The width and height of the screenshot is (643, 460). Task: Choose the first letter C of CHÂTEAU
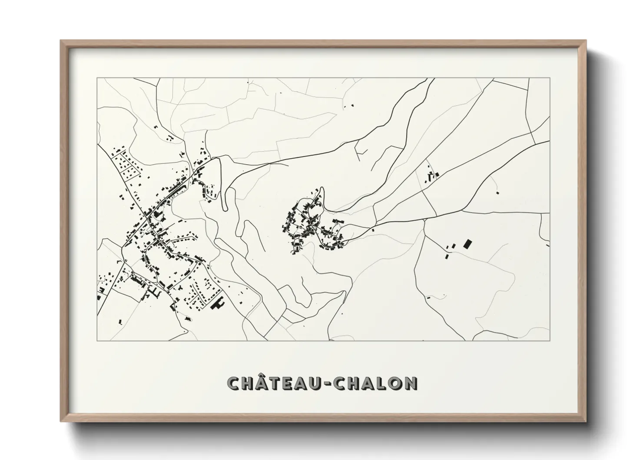pyautogui.click(x=234, y=383)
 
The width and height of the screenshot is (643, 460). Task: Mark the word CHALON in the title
pyautogui.click(x=376, y=383)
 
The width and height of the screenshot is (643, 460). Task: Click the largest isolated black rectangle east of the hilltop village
pyautogui.click(x=468, y=243)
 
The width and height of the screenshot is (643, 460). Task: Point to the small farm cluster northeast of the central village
pyautogui.click(x=432, y=176)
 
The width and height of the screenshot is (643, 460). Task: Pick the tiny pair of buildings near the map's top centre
pyautogui.click(x=348, y=105)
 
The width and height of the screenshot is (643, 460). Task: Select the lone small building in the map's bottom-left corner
pyautogui.click(x=120, y=322)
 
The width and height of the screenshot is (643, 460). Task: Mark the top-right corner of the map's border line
pyautogui.click(x=550, y=78)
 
